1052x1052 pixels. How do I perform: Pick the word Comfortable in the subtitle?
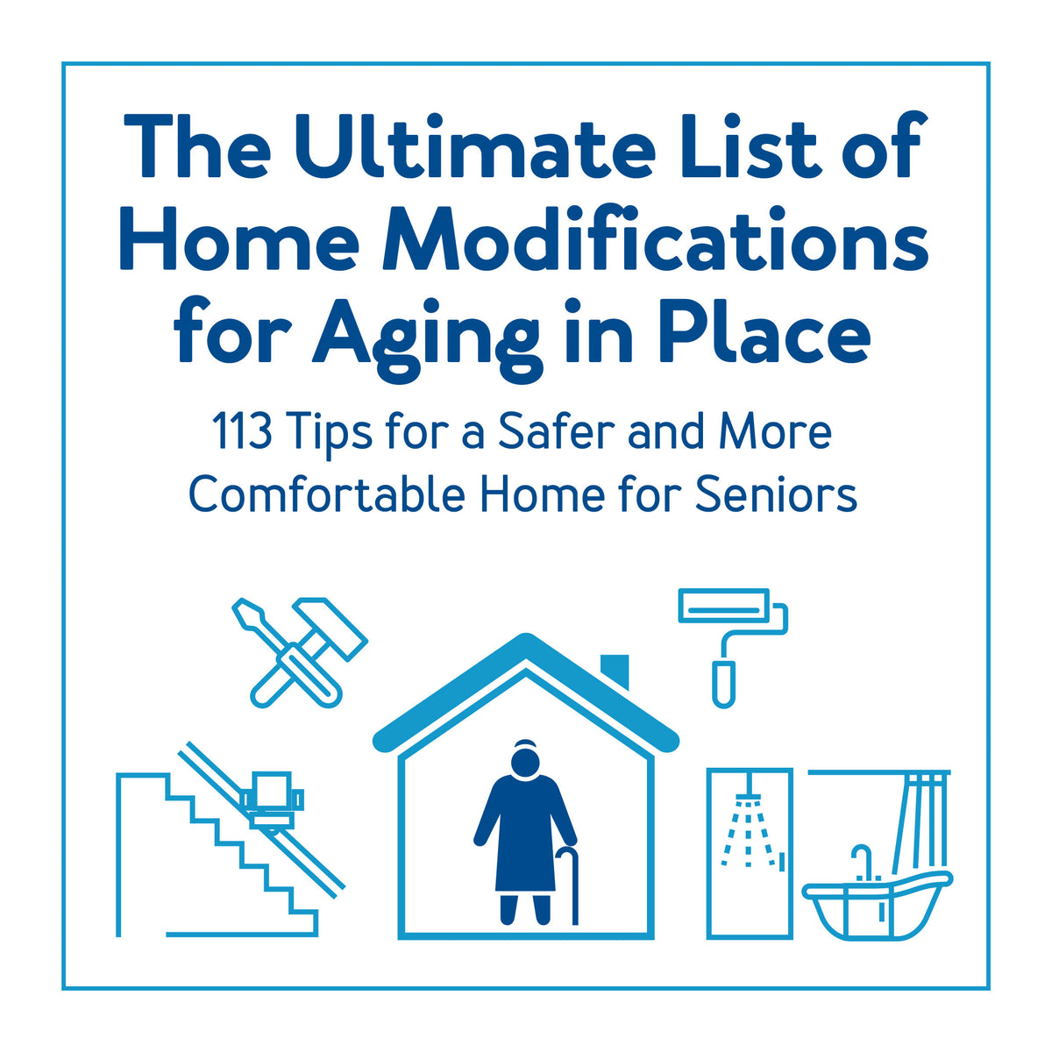click(326, 495)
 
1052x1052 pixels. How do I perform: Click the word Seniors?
click(776, 495)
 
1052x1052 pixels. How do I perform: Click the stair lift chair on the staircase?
click(273, 799)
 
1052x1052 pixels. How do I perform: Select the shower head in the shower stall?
click(748, 800)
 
